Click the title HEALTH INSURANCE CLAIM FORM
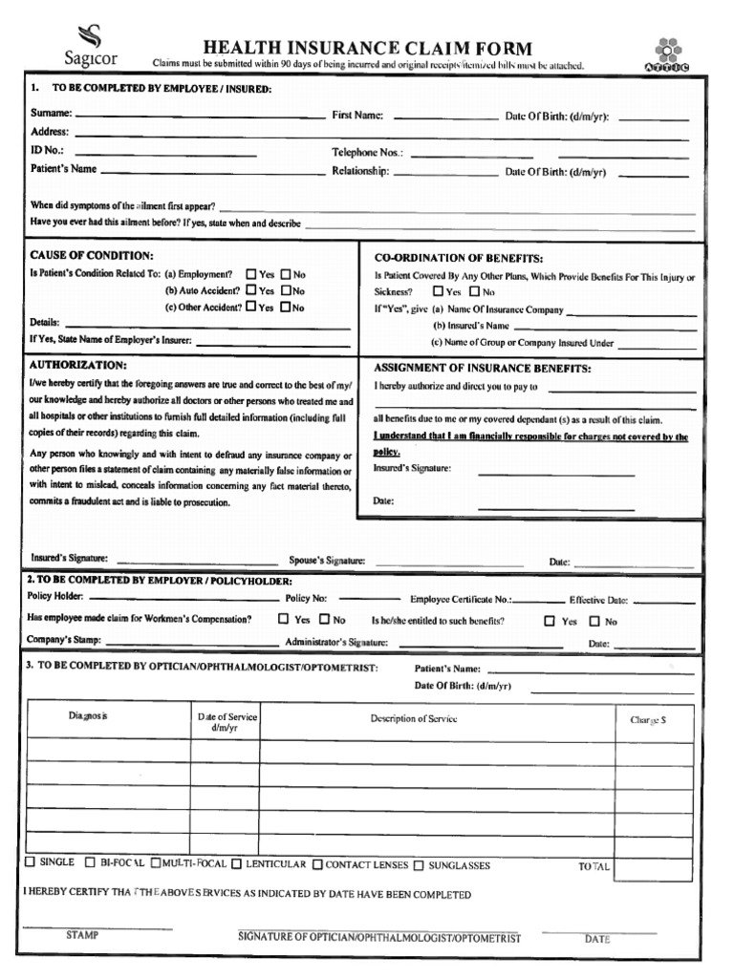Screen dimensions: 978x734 pyautogui.click(x=366, y=49)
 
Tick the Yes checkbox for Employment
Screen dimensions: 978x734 pyautogui.click(x=251, y=273)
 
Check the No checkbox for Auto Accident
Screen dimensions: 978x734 pyautogui.click(x=286, y=290)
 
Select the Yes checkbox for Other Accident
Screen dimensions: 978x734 pyautogui.click(x=251, y=308)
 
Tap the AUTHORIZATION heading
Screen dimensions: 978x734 pyautogui.click(x=77, y=365)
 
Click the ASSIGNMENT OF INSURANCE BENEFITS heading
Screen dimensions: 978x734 pyautogui.click(x=482, y=369)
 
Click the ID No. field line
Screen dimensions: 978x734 pyautogui.click(x=165, y=153)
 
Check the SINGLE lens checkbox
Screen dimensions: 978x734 pyautogui.click(x=30, y=862)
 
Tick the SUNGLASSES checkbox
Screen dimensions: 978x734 pyautogui.click(x=419, y=865)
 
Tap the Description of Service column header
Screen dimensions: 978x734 pyautogui.click(x=414, y=719)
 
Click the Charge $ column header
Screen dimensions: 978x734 pyautogui.click(x=648, y=721)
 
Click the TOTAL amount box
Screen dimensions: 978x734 pyautogui.click(x=654, y=867)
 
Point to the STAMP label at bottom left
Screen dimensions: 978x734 pyautogui.click(x=82, y=936)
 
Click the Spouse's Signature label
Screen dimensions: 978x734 pyautogui.click(x=327, y=562)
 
